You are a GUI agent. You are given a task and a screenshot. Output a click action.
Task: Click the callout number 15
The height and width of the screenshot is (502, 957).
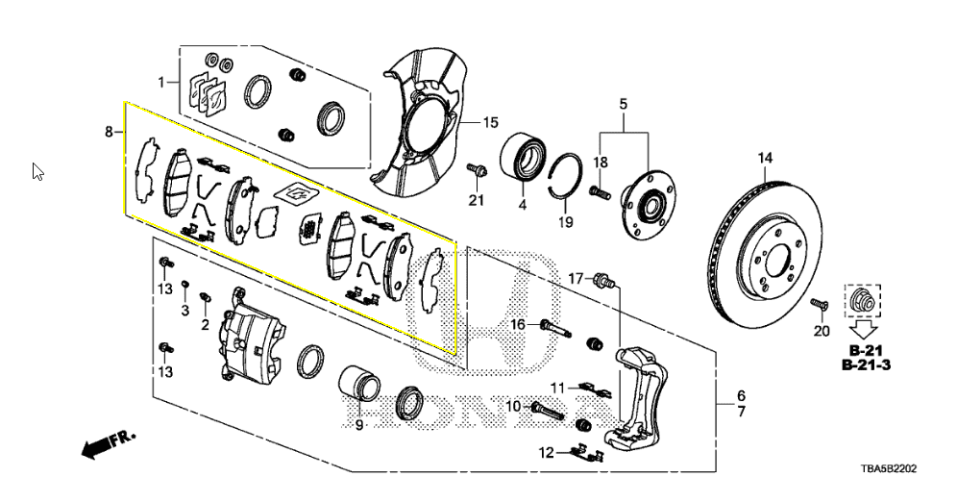tap(490, 123)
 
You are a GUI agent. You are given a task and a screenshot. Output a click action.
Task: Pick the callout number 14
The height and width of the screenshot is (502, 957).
tap(766, 158)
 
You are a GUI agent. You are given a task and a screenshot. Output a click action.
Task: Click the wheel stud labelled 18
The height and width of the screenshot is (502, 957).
tap(600, 192)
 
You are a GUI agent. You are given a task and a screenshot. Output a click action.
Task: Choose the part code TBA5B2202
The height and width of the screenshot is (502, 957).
tap(888, 469)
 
